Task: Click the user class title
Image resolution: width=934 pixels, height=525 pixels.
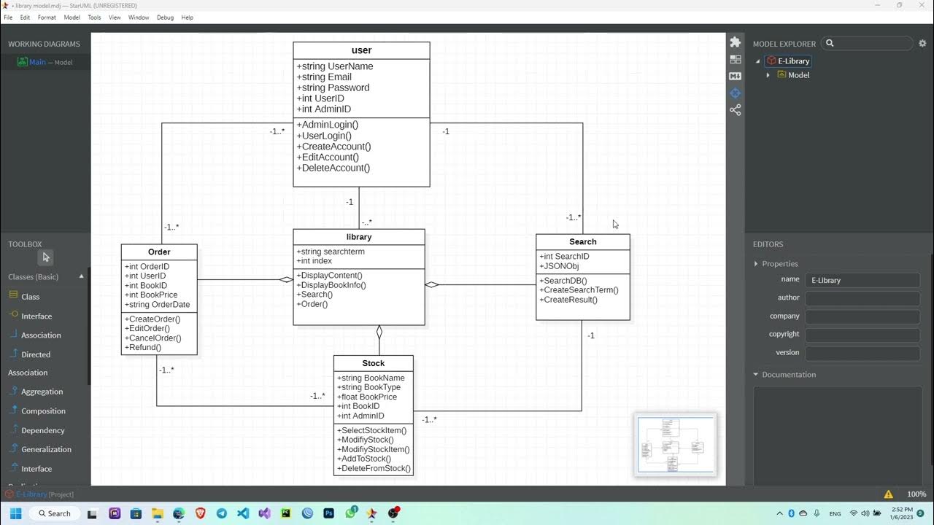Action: [361, 50]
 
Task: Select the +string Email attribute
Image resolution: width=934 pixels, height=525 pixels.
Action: [324, 77]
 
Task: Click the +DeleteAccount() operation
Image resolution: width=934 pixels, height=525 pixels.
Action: [333, 168]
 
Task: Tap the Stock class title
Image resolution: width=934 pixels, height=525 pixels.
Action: [373, 363]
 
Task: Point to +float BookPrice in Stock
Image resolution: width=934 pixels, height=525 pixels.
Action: [367, 397]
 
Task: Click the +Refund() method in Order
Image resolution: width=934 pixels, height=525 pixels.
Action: [143, 347]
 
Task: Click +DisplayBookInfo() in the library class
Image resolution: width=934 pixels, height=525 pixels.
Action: [331, 285]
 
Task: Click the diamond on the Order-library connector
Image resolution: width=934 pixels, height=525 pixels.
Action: [285, 279]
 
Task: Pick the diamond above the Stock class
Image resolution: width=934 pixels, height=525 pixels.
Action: [379, 332]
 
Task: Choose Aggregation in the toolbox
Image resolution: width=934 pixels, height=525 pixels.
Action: [42, 392]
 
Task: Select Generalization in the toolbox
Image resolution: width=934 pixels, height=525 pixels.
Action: [46, 449]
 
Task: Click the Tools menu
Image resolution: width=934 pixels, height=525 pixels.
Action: [94, 17]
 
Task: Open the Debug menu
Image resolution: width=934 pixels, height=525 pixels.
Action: [165, 17]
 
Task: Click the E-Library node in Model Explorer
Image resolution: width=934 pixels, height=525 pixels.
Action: [792, 61]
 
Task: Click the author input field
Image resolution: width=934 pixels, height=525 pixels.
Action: [862, 297]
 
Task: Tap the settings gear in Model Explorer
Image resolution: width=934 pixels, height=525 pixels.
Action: [922, 44]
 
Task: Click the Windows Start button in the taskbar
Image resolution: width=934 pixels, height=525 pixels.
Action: [15, 513]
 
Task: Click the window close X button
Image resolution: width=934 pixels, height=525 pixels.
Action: [922, 6]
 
